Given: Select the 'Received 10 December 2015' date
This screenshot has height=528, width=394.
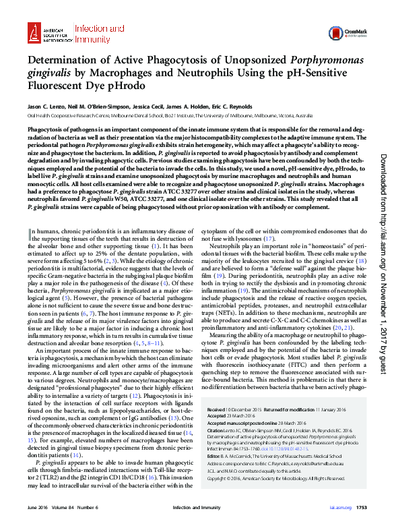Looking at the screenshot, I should [x=234, y=409].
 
